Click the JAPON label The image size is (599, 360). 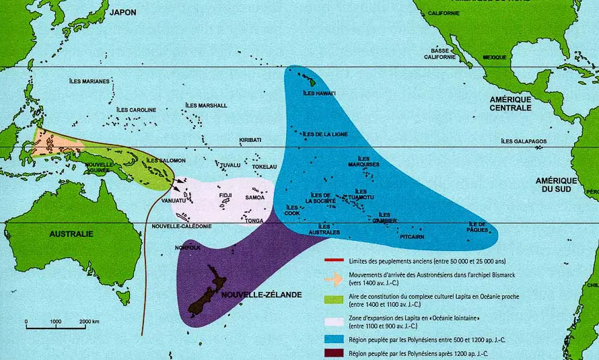click(x=124, y=12)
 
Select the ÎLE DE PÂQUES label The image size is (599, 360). click(x=477, y=228)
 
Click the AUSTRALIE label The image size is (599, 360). click(x=71, y=233)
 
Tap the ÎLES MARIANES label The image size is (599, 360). click(x=90, y=81)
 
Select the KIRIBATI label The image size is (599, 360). click(x=250, y=140)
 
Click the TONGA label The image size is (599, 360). click(x=254, y=220)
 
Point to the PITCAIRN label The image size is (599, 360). click(x=412, y=237)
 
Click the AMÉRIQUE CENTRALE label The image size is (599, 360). click(x=510, y=103)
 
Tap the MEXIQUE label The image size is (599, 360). click(x=495, y=57)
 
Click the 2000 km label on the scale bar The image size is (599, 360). click(x=90, y=322)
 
